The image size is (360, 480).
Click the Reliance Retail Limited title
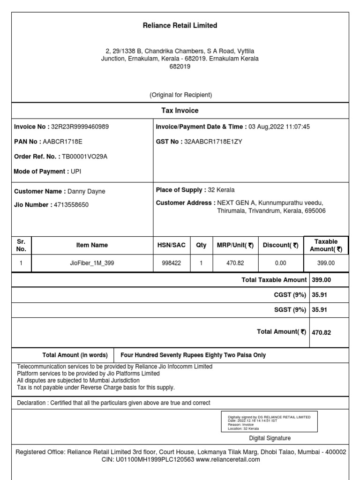180,26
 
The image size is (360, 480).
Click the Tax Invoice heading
180,111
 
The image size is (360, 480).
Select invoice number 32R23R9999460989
80,127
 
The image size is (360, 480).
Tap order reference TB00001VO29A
85,157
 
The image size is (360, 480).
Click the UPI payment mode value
76,172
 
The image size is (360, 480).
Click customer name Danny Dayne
87,191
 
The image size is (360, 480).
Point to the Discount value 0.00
281,263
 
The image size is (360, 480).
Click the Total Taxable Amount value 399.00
322,280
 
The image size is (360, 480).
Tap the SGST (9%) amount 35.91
319,310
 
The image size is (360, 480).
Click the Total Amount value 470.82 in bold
322,332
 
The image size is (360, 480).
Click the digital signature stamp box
269,421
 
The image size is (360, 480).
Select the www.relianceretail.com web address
227,460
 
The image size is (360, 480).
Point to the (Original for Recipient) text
181,95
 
